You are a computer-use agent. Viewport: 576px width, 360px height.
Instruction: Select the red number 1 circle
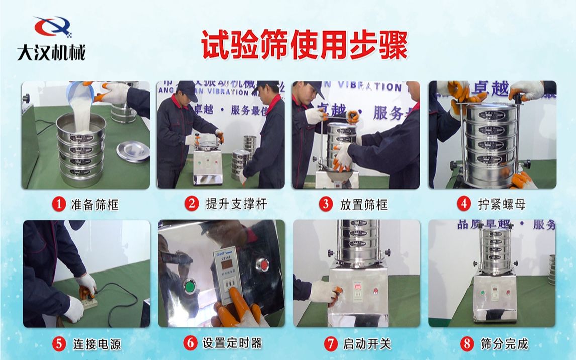(x=59, y=204)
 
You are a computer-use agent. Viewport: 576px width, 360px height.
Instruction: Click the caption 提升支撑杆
(x=236, y=204)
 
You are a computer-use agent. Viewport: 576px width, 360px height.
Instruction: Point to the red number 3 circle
(x=326, y=204)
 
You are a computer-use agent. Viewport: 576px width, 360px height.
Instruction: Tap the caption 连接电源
(x=97, y=344)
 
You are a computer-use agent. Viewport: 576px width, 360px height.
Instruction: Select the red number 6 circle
(x=190, y=343)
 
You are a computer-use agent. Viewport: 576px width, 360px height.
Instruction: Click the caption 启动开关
(x=366, y=344)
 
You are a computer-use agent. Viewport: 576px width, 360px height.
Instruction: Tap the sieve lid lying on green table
(x=132, y=150)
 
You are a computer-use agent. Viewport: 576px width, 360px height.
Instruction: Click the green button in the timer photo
(x=191, y=288)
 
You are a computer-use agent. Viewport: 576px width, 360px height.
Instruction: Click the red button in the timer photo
(x=262, y=264)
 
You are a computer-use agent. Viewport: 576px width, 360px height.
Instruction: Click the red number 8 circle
(x=467, y=344)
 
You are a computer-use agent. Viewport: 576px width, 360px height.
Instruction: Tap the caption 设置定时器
(x=232, y=343)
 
